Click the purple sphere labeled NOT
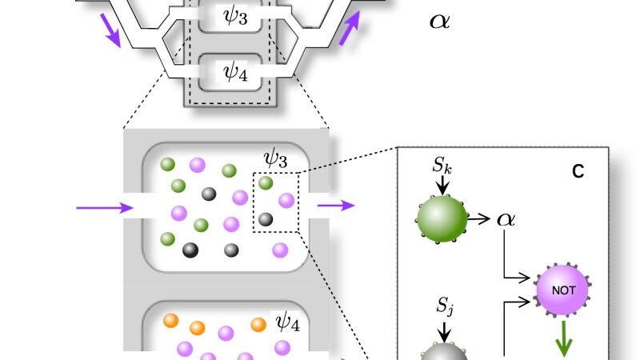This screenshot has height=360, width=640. [x=563, y=290]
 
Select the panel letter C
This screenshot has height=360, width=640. [x=578, y=171]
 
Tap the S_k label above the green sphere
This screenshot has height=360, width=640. [x=442, y=165]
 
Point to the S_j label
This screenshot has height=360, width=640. [x=445, y=306]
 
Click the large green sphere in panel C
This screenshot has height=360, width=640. [x=442, y=218]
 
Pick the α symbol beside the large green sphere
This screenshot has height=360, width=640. [x=506, y=219]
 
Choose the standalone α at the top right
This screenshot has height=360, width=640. [x=439, y=22]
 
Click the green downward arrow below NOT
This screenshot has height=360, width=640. [x=564, y=338]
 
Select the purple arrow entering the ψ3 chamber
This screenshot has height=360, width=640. [x=105, y=208]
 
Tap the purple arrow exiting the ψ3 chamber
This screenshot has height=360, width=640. [x=336, y=206]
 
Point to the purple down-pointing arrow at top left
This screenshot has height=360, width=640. [x=110, y=30]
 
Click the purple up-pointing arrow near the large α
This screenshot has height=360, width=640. [x=350, y=28]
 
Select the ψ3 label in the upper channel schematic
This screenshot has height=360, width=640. [x=235, y=16]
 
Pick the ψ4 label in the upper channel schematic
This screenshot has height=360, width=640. [x=235, y=73]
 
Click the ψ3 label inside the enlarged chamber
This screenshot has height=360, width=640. [x=275, y=158]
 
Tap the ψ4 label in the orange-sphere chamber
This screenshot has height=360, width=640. [x=288, y=322]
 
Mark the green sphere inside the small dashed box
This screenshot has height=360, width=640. [x=266, y=183]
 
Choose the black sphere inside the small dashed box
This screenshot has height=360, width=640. [x=266, y=219]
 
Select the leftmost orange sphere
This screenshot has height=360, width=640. [x=171, y=321]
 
